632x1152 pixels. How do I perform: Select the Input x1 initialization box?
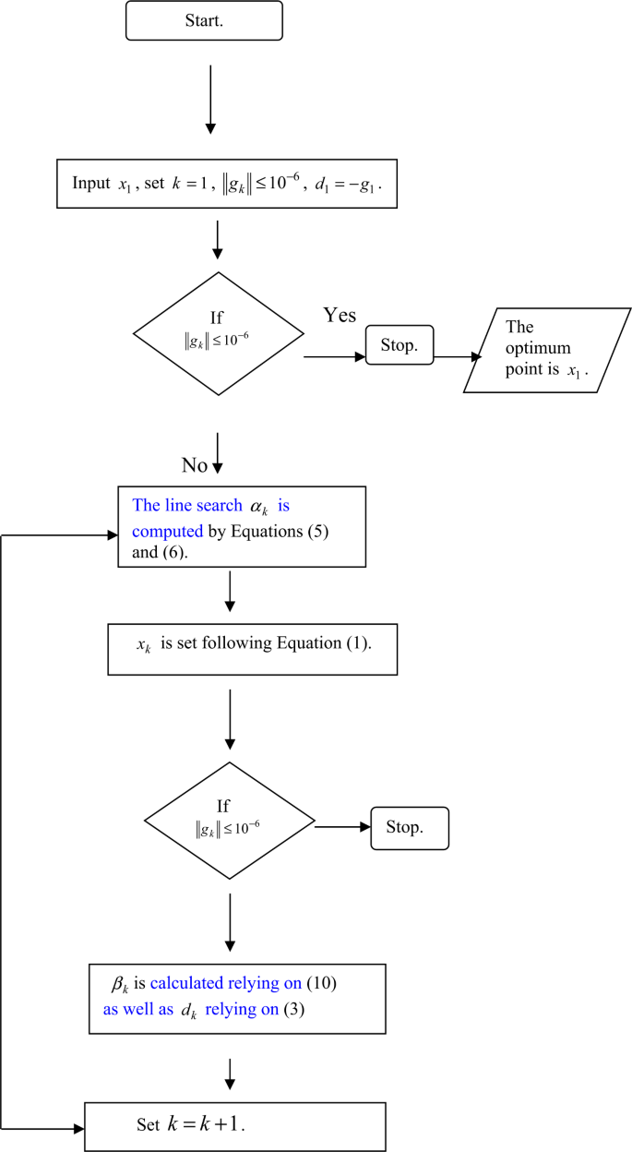227,183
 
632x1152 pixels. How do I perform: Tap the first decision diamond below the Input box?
218,333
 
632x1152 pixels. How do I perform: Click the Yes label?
340,316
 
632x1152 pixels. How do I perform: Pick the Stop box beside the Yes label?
399,345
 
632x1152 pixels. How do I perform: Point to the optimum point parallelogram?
547,349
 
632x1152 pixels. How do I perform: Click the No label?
194,464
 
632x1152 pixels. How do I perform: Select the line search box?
242,526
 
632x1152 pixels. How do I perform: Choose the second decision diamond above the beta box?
229,821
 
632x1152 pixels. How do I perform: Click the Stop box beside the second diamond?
409,827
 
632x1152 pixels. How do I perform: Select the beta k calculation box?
237,1000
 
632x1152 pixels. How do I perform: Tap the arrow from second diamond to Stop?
340,827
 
